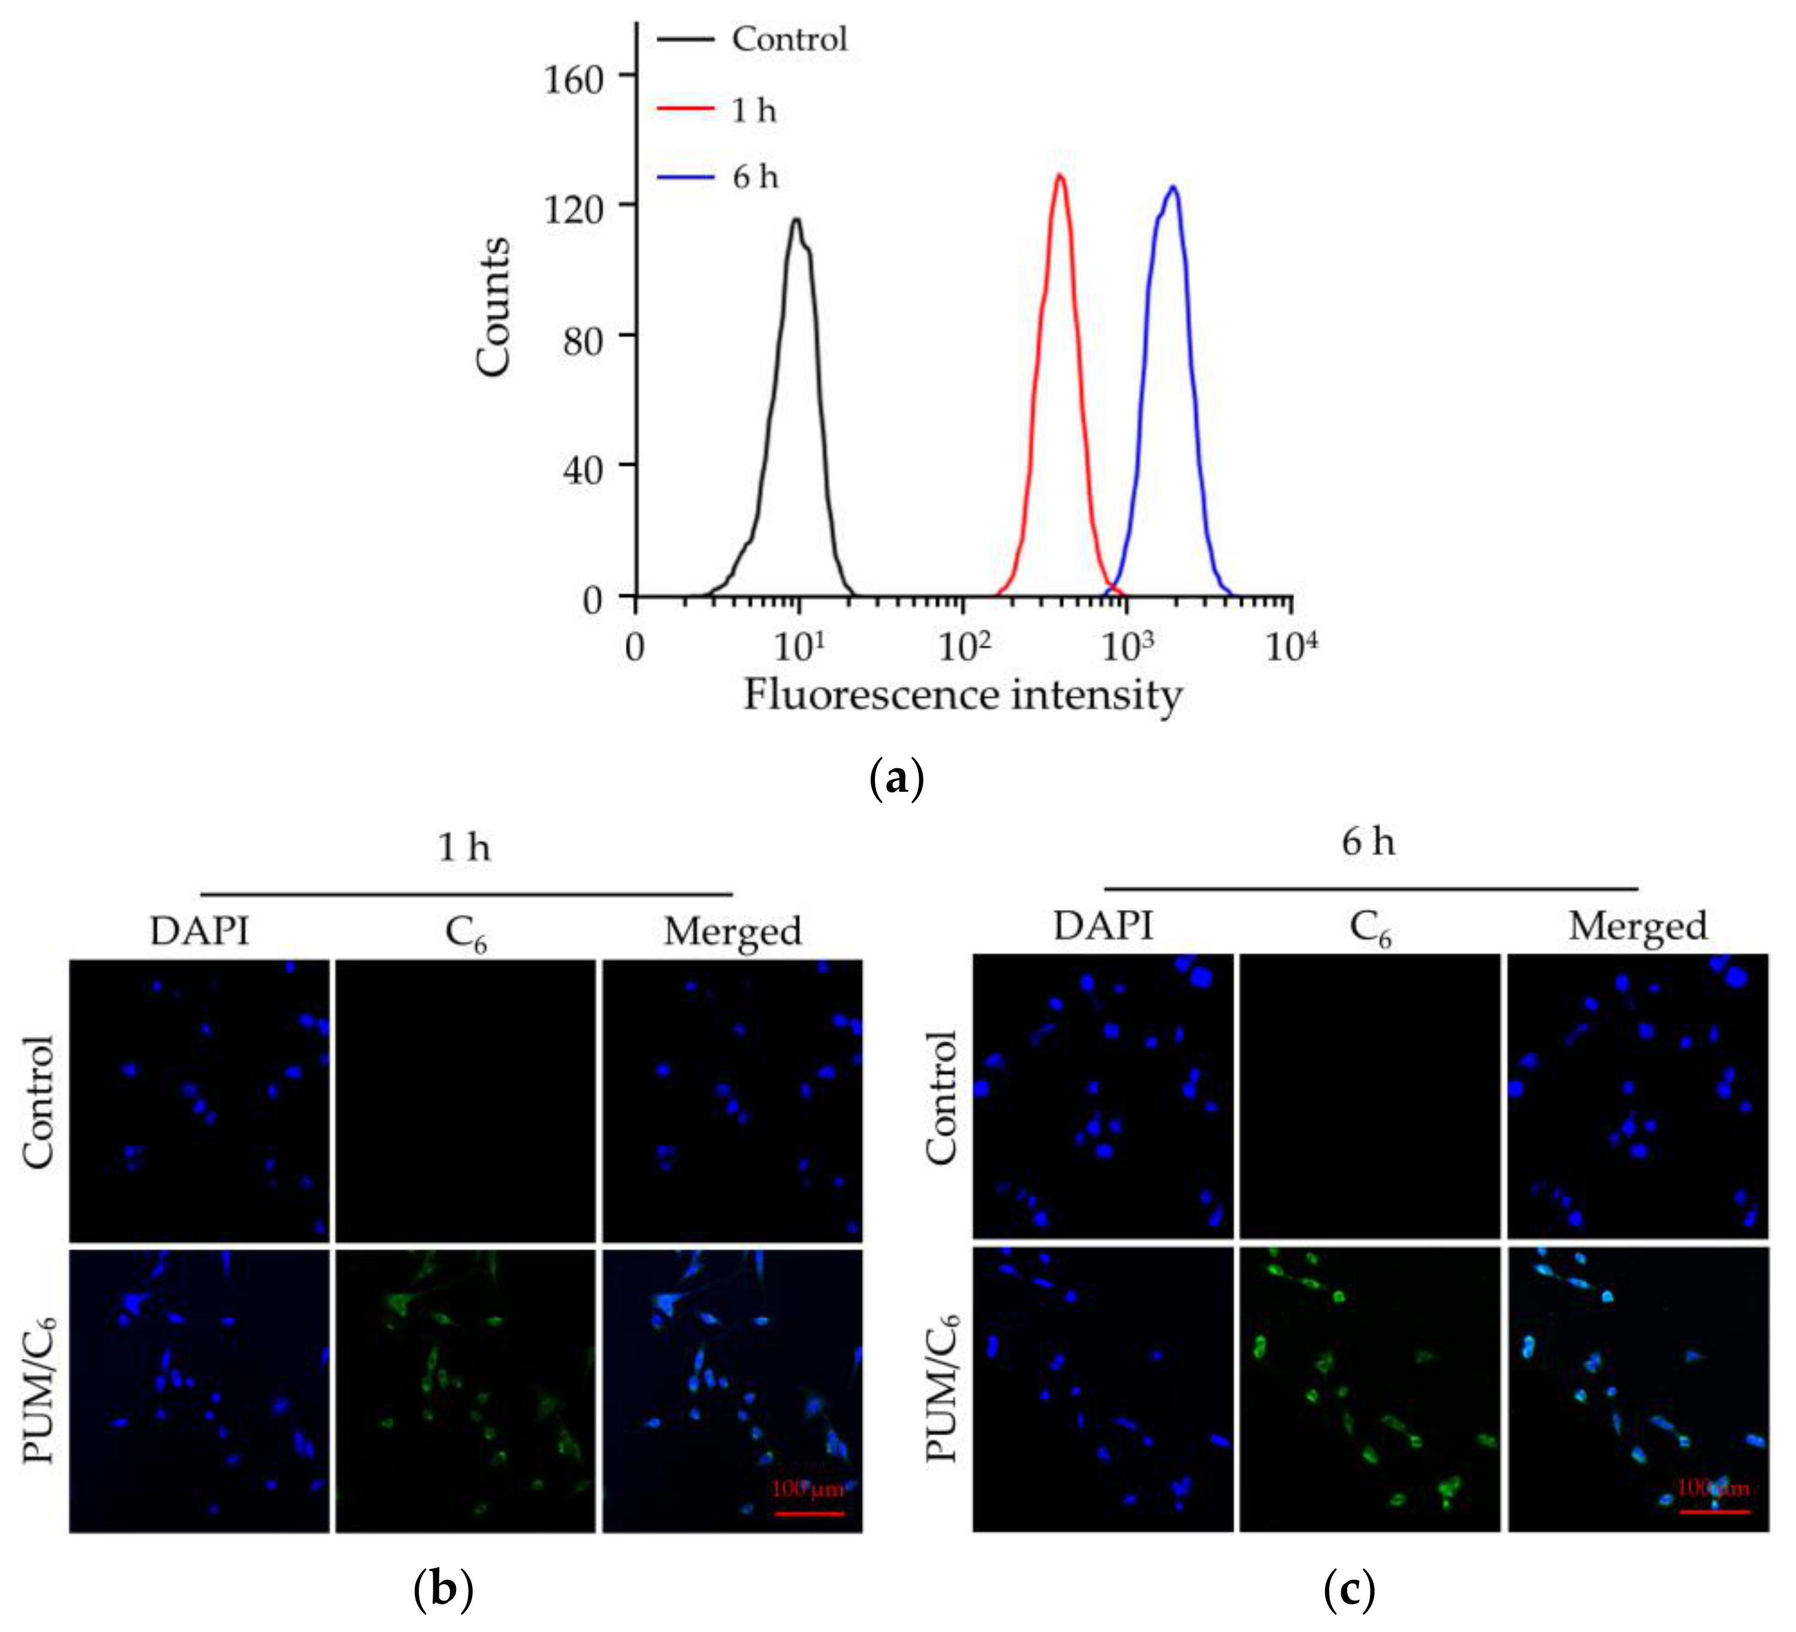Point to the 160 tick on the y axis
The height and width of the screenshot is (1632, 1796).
point(573,79)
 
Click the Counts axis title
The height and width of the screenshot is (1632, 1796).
point(493,307)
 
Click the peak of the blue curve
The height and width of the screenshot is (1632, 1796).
point(1174,187)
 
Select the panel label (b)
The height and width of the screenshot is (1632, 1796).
point(443,1588)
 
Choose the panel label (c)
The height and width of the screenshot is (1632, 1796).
point(1349,1588)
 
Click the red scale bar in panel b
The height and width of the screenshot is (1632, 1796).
point(808,1513)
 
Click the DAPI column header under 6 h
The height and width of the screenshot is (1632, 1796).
point(1103,927)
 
